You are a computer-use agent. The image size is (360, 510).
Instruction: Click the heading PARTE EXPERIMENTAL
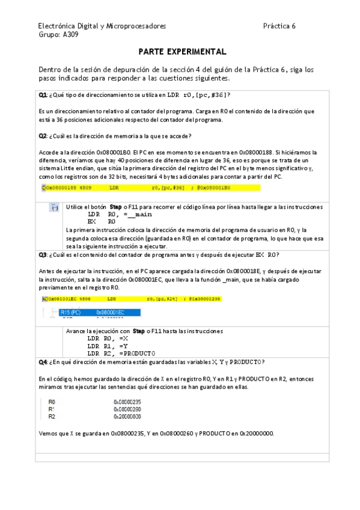click(182, 52)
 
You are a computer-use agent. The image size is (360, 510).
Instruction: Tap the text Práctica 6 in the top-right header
click(279, 26)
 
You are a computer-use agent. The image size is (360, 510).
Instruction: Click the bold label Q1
click(43, 96)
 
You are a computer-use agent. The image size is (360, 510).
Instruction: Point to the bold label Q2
click(43, 136)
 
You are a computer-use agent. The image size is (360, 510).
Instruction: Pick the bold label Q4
click(43, 362)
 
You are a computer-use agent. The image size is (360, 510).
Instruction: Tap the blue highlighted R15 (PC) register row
click(99, 313)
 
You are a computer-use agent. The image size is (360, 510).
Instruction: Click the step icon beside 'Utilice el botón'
click(54, 207)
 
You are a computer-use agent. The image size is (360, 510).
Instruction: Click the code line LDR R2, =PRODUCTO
click(121, 353)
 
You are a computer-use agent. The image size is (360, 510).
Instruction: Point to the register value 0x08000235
click(127, 402)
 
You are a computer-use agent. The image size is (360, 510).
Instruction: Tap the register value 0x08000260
click(127, 409)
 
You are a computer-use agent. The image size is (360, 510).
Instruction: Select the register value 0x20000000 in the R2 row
click(127, 416)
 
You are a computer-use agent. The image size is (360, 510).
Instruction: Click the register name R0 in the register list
click(52, 402)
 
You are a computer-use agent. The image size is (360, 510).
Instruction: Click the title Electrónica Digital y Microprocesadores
click(102, 26)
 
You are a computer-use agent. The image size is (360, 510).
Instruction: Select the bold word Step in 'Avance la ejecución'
click(139, 331)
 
